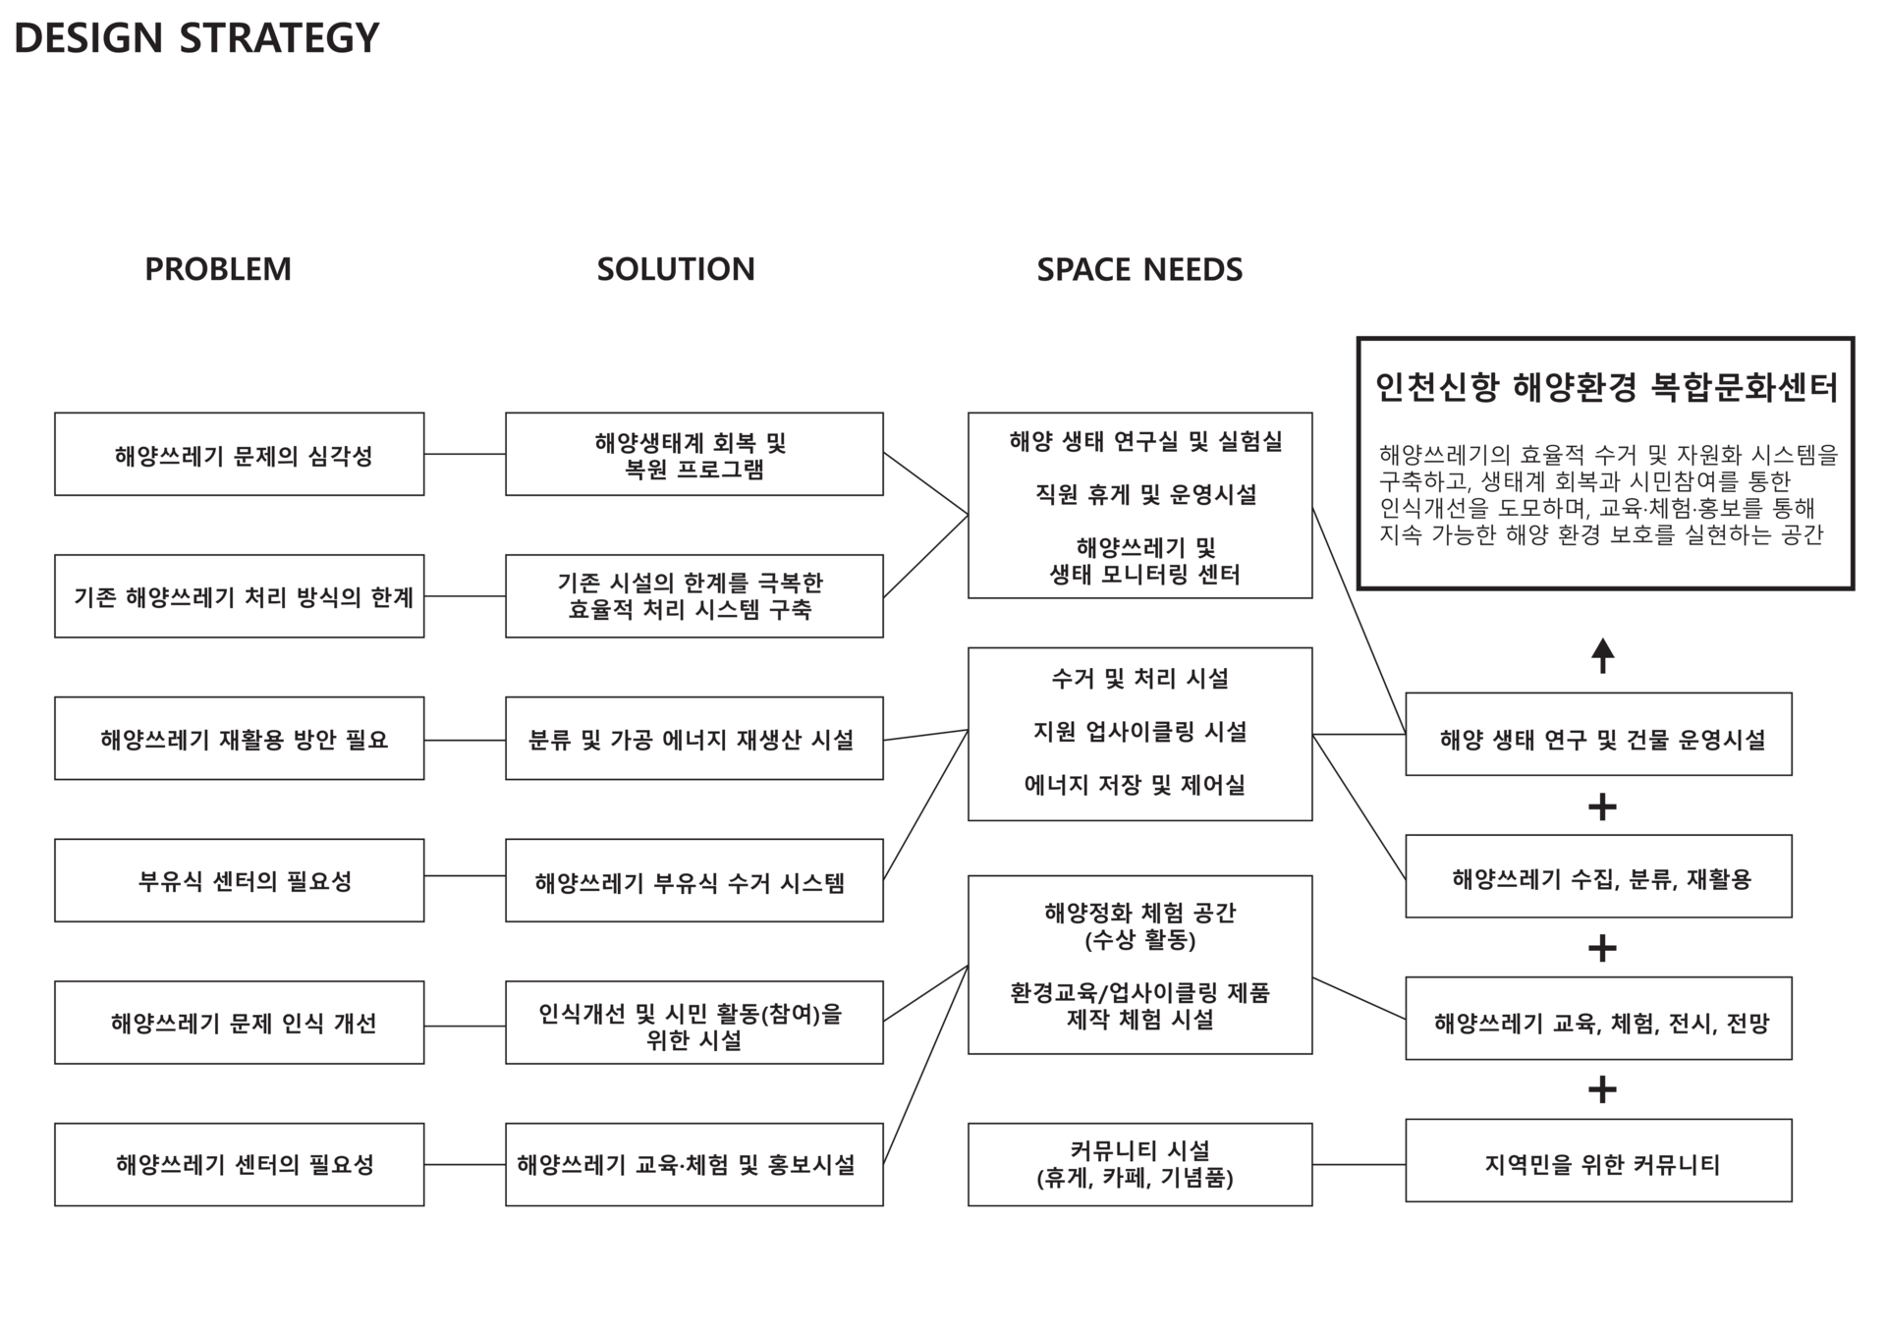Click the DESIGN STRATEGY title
click(196, 38)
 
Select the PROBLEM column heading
click(218, 269)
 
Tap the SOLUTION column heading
click(676, 269)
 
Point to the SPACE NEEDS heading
click(1139, 269)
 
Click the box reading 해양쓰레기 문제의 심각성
click(240, 455)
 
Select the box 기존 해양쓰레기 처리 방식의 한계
click(240, 596)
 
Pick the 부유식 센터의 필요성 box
click(240, 880)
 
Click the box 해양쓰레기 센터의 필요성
click(240, 1165)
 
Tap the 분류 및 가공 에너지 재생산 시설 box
click(693, 739)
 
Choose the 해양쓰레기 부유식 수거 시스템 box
click(693, 881)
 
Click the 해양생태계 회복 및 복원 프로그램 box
click(693, 455)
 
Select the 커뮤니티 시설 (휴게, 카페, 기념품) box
click(1139, 1165)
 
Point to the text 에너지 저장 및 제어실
click(1135, 785)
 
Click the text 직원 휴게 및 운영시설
click(1145, 495)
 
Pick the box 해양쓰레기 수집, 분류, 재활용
click(1598, 877)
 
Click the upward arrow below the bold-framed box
click(1603, 655)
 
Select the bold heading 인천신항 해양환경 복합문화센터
click(1605, 387)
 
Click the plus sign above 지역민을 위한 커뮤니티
click(1602, 1089)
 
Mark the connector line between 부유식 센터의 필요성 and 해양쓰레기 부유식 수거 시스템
click(465, 875)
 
